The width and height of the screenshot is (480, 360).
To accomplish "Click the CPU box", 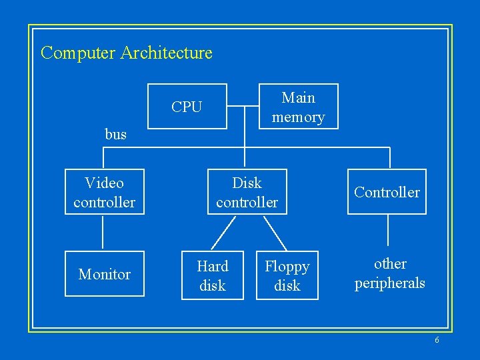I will click(187, 107).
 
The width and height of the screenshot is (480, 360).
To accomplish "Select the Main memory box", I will click(298, 107).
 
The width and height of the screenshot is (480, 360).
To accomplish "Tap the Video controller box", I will click(104, 192).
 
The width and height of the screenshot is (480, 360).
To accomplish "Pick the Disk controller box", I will click(247, 192).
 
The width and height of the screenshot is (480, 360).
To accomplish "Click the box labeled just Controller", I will click(387, 192).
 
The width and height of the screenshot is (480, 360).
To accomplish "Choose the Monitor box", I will click(104, 274).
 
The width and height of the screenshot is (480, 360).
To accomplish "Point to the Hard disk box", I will click(212, 275).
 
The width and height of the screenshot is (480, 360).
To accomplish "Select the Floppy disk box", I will click(287, 275).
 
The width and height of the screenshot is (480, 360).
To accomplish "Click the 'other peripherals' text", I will click(389, 273).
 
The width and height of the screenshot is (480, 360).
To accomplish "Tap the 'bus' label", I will click(115, 134).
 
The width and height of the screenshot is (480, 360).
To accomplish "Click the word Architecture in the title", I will click(166, 53).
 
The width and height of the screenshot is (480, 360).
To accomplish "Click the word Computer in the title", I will click(78, 53).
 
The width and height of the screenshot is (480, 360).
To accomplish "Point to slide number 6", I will click(437, 340).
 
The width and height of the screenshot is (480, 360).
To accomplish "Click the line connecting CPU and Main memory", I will click(243, 106).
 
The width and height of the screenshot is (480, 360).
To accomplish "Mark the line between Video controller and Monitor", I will click(103, 233).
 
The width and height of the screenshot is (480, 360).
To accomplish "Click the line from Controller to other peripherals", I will click(388, 233).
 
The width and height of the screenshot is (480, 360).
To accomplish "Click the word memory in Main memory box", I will click(298, 117).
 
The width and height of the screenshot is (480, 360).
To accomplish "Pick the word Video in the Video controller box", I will click(104, 183).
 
